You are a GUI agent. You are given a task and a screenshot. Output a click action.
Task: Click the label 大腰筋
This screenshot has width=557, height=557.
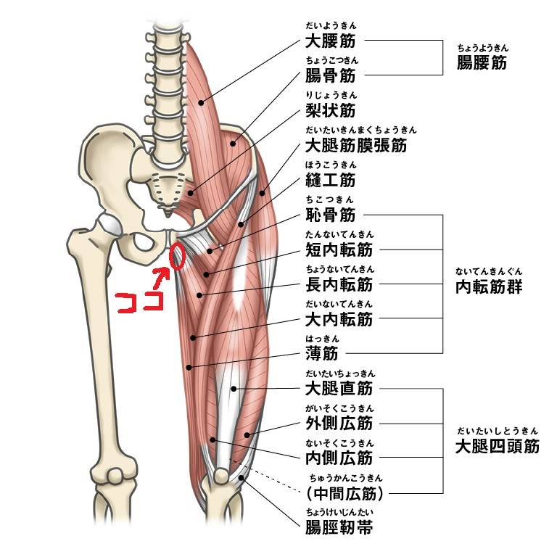pyautogui.click(x=331, y=41)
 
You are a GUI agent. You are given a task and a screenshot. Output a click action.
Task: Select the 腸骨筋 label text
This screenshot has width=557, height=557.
pyautogui.click(x=331, y=75)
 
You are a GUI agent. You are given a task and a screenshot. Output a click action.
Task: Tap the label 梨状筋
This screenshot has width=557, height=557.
pyautogui.click(x=331, y=110)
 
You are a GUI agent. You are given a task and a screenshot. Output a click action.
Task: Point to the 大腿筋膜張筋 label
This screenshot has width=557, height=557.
pyautogui.click(x=356, y=145)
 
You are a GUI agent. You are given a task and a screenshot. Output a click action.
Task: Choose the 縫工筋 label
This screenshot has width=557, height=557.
pyautogui.click(x=331, y=180)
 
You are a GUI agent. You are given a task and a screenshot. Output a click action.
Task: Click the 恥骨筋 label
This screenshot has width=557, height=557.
pyautogui.click(x=331, y=215)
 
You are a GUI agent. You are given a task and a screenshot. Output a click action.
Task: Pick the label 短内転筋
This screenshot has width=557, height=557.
pyautogui.click(x=339, y=249)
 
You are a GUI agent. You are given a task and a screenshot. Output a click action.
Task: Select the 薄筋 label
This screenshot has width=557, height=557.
pyautogui.click(x=322, y=353)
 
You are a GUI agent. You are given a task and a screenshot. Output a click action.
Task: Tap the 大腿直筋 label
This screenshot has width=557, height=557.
pyautogui.click(x=339, y=388)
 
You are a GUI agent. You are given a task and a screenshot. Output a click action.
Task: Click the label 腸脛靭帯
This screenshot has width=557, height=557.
pyautogui.click(x=339, y=527)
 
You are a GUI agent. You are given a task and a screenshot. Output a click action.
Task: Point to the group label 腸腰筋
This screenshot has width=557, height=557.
pyautogui.click(x=482, y=63)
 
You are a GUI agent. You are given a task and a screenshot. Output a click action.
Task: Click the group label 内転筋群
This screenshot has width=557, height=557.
pyautogui.click(x=489, y=286)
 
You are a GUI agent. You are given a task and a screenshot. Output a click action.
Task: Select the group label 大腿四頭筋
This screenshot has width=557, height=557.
pyautogui.click(x=498, y=446)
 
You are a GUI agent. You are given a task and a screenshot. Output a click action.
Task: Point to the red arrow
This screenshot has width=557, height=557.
pyautogui.click(x=161, y=278)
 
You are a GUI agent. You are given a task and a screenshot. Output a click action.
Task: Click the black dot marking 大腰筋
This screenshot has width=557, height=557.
pyautogui.click(x=201, y=103)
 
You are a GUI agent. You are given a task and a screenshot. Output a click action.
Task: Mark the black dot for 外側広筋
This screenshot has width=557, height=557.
pyautogui.click(x=247, y=435)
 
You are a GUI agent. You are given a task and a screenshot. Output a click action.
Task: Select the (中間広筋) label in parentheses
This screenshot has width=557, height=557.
pyautogui.click(x=344, y=493)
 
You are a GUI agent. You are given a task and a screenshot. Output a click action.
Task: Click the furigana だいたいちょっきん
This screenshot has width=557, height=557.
pyautogui.click(x=340, y=374)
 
